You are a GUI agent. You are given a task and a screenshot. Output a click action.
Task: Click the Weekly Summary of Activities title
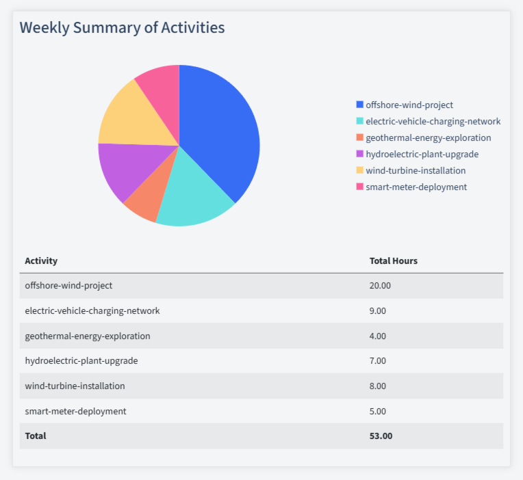[122, 28]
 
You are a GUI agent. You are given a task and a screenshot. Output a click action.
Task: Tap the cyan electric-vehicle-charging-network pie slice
[192, 195]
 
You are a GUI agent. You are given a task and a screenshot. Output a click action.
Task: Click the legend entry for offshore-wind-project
[409, 105]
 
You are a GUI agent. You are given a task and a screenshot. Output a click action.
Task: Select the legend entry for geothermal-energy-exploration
[428, 137]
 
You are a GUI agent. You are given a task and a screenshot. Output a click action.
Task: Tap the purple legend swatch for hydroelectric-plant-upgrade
[360, 154]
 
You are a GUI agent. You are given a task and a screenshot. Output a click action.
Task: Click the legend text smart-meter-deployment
[416, 187]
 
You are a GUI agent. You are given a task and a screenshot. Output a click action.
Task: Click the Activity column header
[41, 261]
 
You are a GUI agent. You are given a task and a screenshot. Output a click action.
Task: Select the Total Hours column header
[393, 261]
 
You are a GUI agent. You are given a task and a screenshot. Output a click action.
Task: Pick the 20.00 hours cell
[380, 285]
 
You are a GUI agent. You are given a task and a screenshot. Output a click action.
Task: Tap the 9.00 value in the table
[378, 310]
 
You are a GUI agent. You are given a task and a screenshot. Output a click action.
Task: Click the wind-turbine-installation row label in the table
[75, 386]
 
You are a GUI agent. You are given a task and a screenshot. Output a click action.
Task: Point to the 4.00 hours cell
[378, 336]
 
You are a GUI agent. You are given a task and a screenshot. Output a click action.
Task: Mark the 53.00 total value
[381, 436]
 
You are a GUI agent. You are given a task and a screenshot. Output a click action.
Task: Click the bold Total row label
[36, 436]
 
